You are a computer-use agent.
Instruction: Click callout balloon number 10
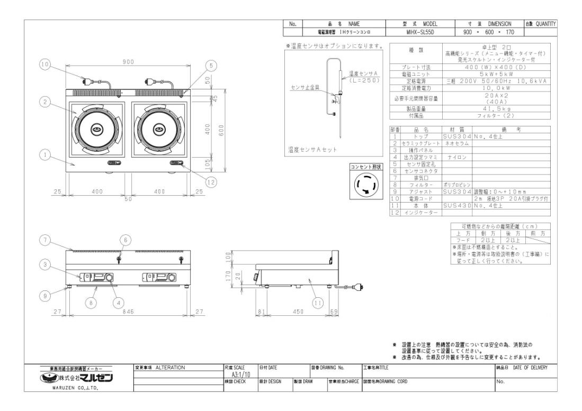(44, 65)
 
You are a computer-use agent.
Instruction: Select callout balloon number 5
(211, 65)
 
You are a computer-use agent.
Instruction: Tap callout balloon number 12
(211, 182)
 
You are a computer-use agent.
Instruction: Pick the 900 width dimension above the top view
(128, 62)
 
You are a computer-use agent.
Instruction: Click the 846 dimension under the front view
(128, 312)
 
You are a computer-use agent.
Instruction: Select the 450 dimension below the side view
(299, 312)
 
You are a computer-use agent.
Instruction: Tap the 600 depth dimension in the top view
(221, 129)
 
